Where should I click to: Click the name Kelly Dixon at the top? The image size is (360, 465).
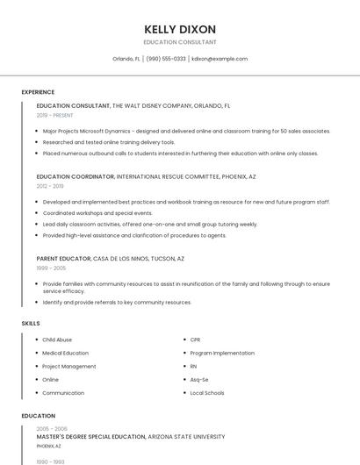(x=180, y=29)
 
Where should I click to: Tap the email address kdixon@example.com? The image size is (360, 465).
(x=220, y=59)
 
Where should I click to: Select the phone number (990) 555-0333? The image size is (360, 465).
(x=166, y=59)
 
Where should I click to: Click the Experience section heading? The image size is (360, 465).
(x=38, y=92)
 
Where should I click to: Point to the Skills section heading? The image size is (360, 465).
(x=31, y=324)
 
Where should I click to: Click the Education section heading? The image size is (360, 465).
(x=38, y=416)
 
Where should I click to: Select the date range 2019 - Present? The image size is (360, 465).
(x=54, y=115)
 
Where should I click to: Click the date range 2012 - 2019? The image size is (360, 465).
(x=50, y=186)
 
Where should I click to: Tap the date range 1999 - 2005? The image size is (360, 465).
(x=51, y=268)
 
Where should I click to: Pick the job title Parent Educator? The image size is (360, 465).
(x=63, y=259)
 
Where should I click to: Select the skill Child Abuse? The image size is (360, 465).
(x=57, y=340)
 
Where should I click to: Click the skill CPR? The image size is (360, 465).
(x=196, y=340)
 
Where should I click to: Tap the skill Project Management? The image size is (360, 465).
(x=69, y=367)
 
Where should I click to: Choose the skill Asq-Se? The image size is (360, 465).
(x=199, y=380)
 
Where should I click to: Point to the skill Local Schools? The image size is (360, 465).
(x=207, y=393)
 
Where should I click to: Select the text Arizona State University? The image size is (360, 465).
(x=187, y=436)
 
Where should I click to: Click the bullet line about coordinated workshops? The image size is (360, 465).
(x=97, y=213)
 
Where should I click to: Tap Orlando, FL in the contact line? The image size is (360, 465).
(x=126, y=59)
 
